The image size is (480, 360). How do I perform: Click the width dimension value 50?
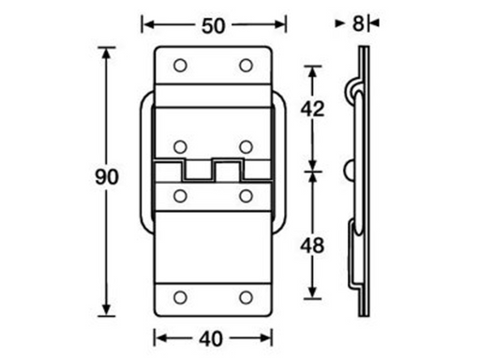[212, 25]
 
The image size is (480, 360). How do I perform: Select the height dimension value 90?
[110, 178]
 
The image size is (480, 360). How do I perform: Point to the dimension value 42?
[314, 109]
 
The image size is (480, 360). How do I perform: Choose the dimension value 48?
[314, 246]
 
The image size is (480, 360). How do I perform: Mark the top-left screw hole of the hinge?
[180, 65]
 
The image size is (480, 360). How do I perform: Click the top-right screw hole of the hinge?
[246, 65]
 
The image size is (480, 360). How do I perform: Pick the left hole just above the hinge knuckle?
[180, 146]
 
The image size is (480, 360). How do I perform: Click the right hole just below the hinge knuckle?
[246, 195]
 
